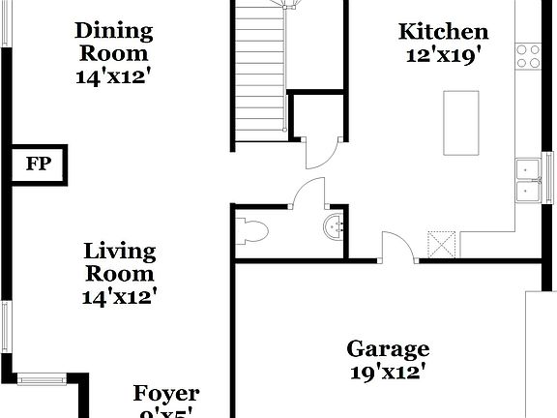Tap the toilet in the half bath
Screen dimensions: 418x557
(x=252, y=230)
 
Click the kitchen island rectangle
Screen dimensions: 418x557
(x=460, y=123)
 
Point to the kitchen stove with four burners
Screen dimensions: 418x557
(x=528, y=55)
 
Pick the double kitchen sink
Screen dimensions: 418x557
(x=528, y=182)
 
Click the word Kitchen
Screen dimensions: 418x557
(x=443, y=32)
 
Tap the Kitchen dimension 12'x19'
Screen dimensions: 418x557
(x=443, y=56)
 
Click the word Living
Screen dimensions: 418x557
(x=119, y=251)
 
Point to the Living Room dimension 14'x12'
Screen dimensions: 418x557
(x=119, y=297)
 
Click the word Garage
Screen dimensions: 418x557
(x=389, y=348)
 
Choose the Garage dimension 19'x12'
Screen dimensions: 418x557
(x=389, y=372)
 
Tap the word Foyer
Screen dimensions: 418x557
(x=165, y=393)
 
